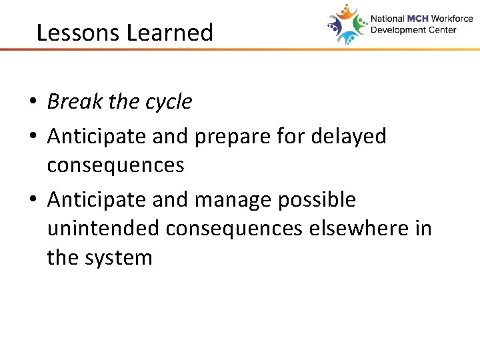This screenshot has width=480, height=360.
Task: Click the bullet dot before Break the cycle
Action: pyautogui.click(x=32, y=103)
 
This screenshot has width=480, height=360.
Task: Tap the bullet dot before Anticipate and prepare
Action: pyautogui.click(x=32, y=137)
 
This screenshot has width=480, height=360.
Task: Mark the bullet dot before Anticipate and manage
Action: pyautogui.click(x=32, y=200)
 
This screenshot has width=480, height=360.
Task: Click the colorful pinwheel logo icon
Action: pyautogui.click(x=347, y=25)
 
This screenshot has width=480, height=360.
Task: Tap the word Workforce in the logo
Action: pyautogui.click(x=451, y=19)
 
